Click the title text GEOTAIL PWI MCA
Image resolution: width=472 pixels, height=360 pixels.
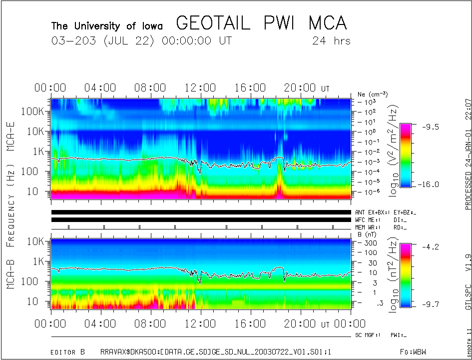tap(261, 23)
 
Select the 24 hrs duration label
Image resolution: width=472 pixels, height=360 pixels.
tap(331, 41)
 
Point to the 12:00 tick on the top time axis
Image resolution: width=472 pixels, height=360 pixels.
tap(201, 88)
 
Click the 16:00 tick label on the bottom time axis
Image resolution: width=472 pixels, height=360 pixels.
tap(251, 324)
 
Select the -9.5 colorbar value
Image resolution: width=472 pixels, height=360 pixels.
tap(428, 127)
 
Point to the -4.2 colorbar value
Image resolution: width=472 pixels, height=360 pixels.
tap(428, 246)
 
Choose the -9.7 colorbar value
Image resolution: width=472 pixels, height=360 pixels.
tap(428, 303)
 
